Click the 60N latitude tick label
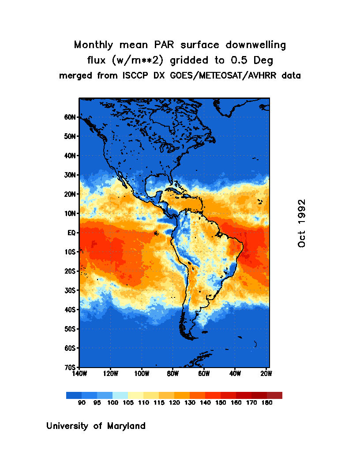[x=71, y=117]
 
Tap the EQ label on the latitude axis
[x=72, y=233]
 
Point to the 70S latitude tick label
[x=71, y=367]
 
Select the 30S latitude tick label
[x=71, y=290]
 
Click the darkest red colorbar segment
[x=274, y=395]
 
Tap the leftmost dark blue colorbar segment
[x=74, y=395]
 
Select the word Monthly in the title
[x=92, y=45]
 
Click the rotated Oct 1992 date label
[x=302, y=223]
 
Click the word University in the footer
[x=68, y=426]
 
